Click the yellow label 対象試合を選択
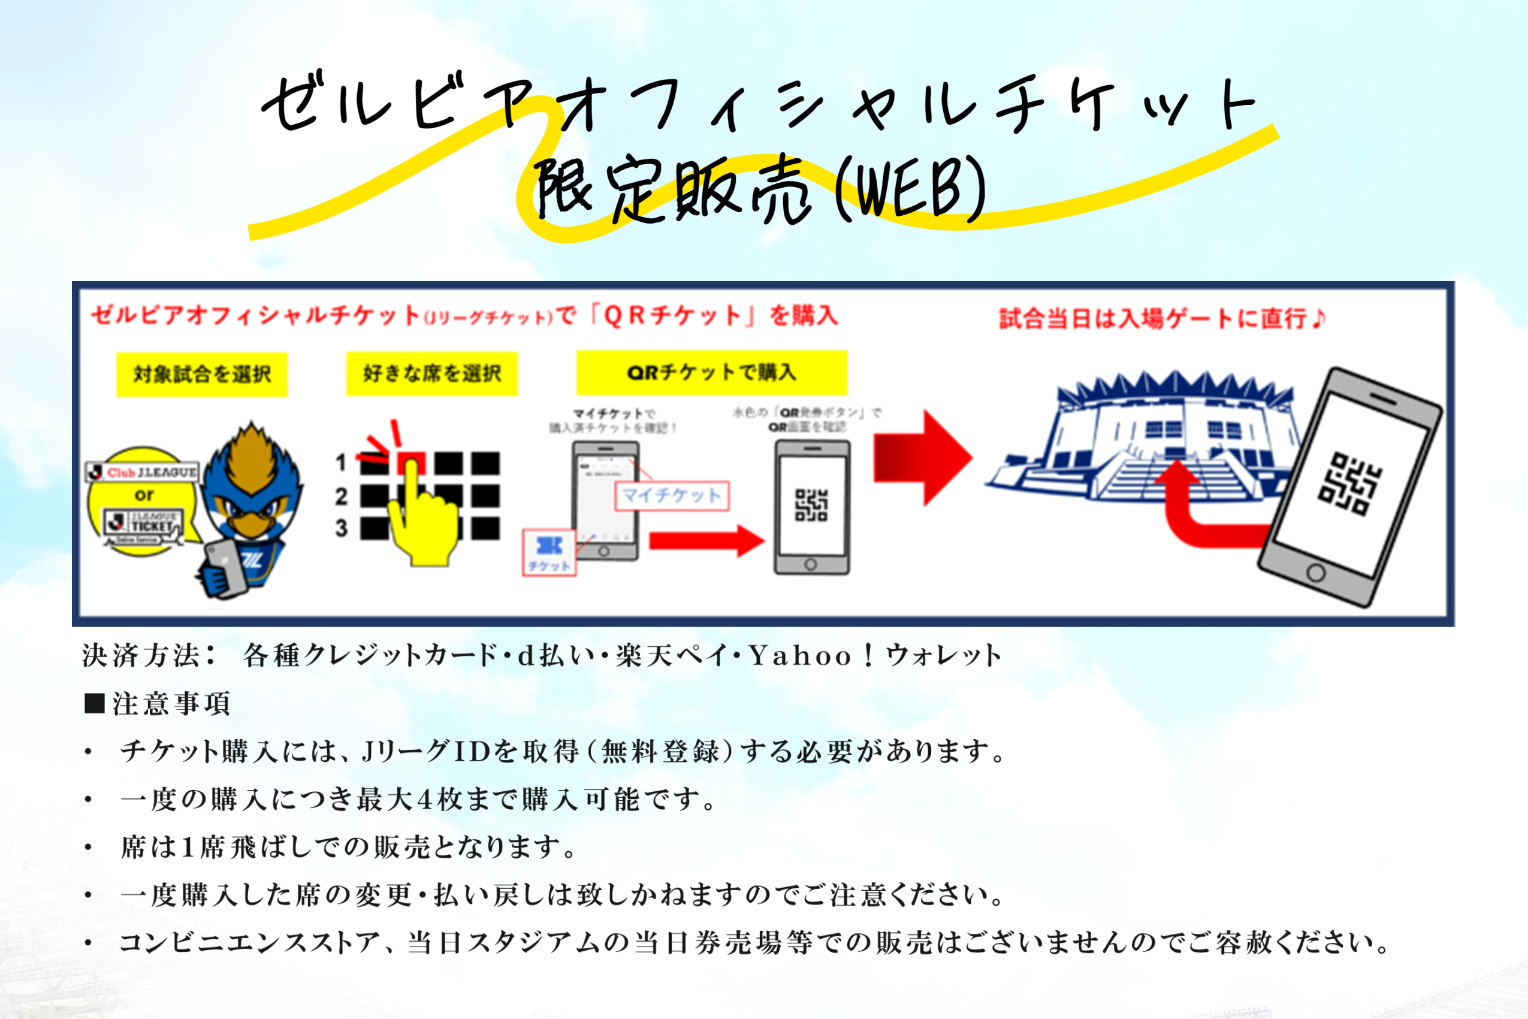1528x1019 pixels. pos(201,374)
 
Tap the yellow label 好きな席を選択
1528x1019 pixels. pos(431,373)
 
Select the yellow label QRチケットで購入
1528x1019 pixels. pos(711,372)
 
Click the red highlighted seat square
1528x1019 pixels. pos(411,463)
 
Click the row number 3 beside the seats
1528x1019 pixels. pos(341,528)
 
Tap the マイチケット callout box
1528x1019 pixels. pos(672,496)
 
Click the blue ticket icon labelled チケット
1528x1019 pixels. pos(549,553)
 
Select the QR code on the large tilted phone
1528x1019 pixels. pos(1350,484)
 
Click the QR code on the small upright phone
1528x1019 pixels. pos(811,505)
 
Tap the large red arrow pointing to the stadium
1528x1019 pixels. pos(923,457)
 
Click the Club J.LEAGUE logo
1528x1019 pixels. pos(143,472)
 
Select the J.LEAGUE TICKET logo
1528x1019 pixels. pos(143,524)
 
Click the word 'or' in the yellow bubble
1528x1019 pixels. pos(144,495)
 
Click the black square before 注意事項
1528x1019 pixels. pos(95,703)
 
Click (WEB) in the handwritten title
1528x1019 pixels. pos(910,191)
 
